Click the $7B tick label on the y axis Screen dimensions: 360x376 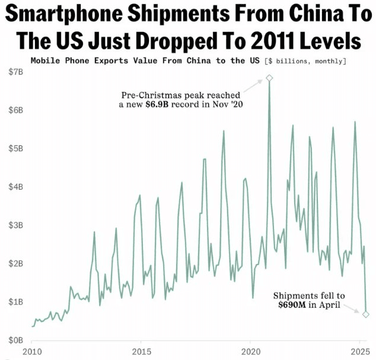[x=15, y=72]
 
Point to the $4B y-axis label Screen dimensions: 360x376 [x=15, y=187]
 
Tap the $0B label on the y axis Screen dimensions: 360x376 [x=15, y=340]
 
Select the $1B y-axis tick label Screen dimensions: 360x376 [x=15, y=302]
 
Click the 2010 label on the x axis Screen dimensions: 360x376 [x=32, y=351]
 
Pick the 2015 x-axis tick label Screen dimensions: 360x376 [x=141, y=351]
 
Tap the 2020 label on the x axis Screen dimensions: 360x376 [x=250, y=351]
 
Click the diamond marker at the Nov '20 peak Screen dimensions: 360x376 [x=269, y=78]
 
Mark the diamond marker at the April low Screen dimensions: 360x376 [x=366, y=314]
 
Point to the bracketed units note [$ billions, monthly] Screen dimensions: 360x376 [x=307, y=60]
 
